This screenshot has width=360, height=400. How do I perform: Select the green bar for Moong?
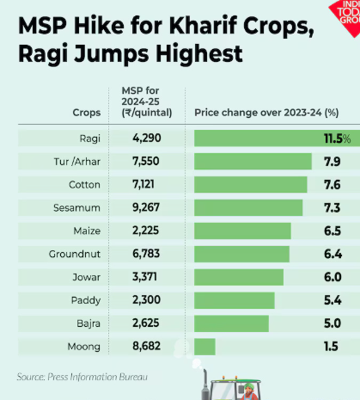point(204,346)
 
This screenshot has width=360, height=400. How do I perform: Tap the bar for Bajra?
point(231,323)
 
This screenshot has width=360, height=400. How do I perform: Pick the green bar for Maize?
point(242,231)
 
